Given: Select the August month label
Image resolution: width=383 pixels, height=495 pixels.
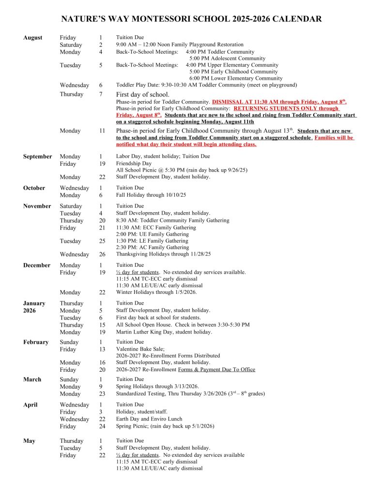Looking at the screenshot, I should coord(32,37).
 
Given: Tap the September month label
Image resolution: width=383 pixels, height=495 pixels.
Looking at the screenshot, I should coord(37,157).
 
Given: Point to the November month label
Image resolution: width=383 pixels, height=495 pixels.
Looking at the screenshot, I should coord(37,206).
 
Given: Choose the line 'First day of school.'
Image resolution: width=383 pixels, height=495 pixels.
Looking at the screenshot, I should coord(143,94).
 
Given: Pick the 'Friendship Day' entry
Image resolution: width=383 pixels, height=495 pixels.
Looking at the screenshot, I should coord(134,164).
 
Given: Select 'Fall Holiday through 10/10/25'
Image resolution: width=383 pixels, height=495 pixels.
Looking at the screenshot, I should coord(151,195).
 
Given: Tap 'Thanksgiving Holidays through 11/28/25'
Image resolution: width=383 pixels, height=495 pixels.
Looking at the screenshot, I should coord(163,254).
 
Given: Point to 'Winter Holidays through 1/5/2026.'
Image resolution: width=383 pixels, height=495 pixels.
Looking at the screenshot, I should coord(156,292).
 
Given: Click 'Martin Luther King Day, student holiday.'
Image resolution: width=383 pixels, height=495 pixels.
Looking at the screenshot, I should coord(164,332).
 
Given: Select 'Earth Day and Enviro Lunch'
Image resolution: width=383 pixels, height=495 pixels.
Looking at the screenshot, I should coord(149,419).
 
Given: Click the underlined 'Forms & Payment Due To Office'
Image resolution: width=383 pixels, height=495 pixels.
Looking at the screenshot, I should coord(216,370).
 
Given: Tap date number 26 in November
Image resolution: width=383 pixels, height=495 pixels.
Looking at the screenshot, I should coord(101,255).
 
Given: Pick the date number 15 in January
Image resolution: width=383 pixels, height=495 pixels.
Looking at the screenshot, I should coord(101,325).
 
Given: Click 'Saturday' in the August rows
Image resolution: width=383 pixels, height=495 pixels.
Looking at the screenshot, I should coord(71,44).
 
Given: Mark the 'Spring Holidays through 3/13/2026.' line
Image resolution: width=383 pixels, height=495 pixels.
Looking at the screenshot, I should coord(157,387).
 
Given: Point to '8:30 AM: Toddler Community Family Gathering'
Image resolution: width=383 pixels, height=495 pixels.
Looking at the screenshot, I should coord(172,220).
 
